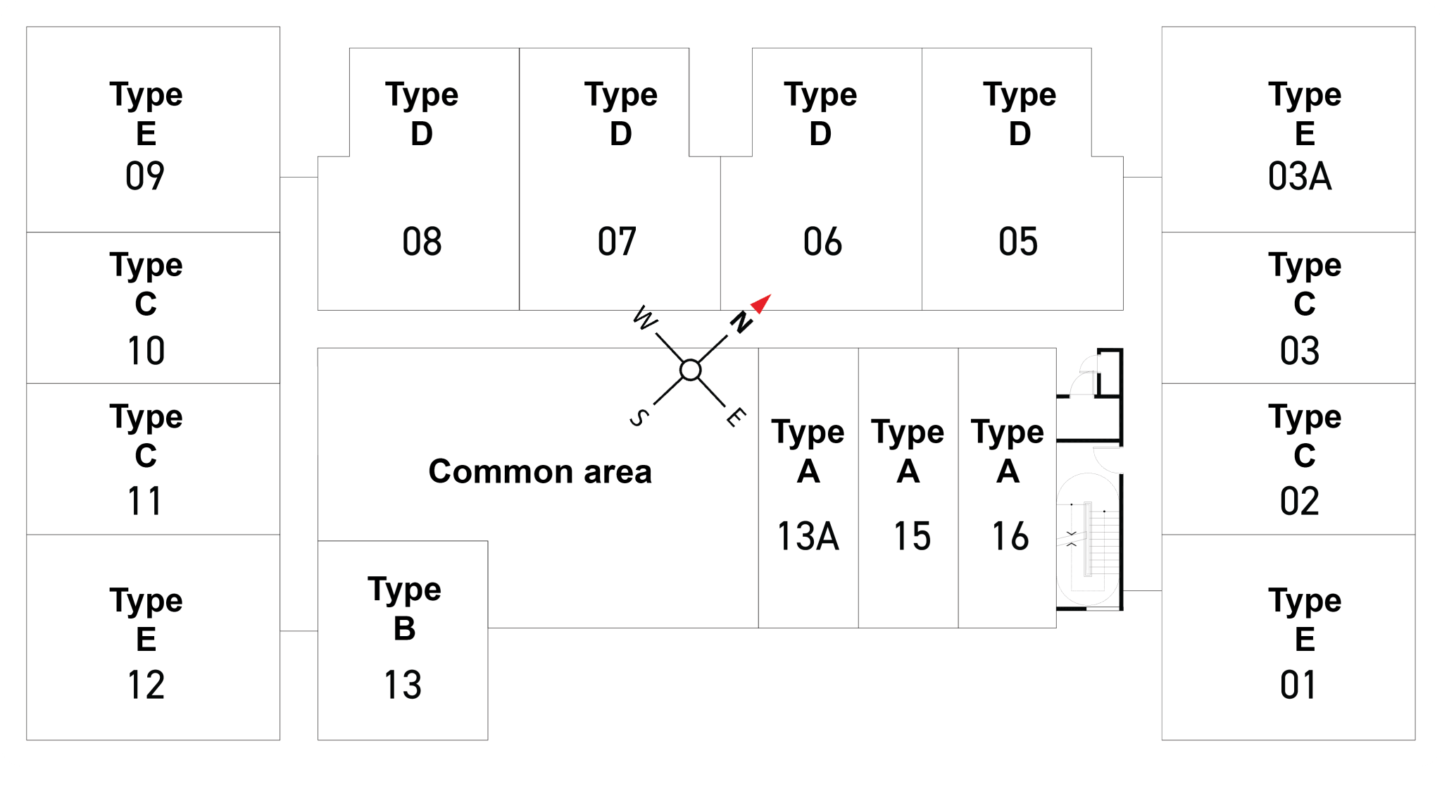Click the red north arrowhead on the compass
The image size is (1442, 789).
coord(763,303)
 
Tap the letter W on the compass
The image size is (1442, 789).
coord(645,318)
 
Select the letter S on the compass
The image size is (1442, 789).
coord(639,418)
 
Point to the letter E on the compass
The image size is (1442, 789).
coord(736,416)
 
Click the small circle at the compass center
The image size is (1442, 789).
coord(691,370)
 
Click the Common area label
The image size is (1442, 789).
coord(540,471)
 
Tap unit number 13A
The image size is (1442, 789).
coord(808,536)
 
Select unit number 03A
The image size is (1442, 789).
coord(1300,176)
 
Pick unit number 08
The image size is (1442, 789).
coord(422,242)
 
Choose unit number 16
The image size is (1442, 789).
coord(1010,536)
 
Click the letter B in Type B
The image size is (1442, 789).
coord(405,628)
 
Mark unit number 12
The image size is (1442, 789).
coord(146,685)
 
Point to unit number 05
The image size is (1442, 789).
coord(1018,242)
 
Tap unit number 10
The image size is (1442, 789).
coord(146,351)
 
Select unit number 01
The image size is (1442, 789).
coord(1298,685)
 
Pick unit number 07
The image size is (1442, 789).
coord(617,242)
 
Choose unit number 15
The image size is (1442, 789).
coord(912,536)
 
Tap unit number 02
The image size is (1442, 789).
coord(1300,502)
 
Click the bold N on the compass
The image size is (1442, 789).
coord(741,322)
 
